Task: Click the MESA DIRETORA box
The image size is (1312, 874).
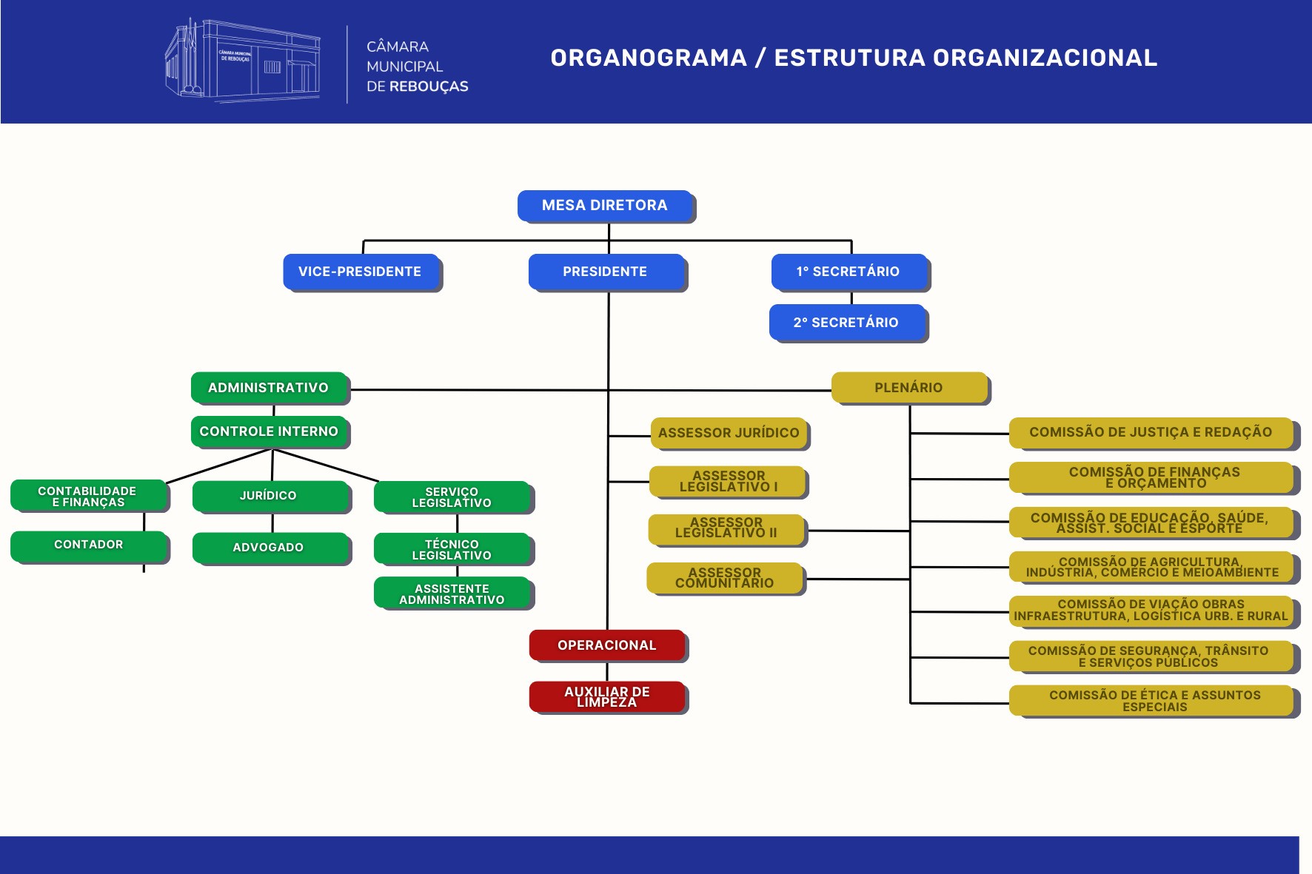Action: (605, 206)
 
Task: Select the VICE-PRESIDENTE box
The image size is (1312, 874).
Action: (361, 272)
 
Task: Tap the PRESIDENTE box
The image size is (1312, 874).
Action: (606, 272)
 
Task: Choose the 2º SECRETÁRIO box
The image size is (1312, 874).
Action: (847, 323)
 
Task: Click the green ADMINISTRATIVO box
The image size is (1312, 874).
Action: (269, 388)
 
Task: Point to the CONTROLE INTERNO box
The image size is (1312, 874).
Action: (269, 431)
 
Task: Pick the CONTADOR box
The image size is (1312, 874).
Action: (89, 545)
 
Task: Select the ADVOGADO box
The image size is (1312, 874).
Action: (269, 548)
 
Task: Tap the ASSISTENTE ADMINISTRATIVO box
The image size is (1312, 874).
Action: (452, 594)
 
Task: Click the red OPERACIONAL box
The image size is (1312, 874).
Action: (607, 645)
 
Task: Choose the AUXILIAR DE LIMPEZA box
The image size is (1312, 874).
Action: (607, 696)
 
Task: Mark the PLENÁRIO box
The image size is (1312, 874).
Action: (908, 388)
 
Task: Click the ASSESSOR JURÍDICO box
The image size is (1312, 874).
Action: (729, 433)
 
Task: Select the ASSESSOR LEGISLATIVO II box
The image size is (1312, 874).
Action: (726, 528)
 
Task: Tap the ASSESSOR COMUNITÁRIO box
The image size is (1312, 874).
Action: (725, 578)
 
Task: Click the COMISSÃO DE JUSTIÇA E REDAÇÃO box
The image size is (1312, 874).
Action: (1151, 432)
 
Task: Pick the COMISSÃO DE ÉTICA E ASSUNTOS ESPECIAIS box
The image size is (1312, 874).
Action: (1154, 700)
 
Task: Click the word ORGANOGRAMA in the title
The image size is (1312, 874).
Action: (649, 58)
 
